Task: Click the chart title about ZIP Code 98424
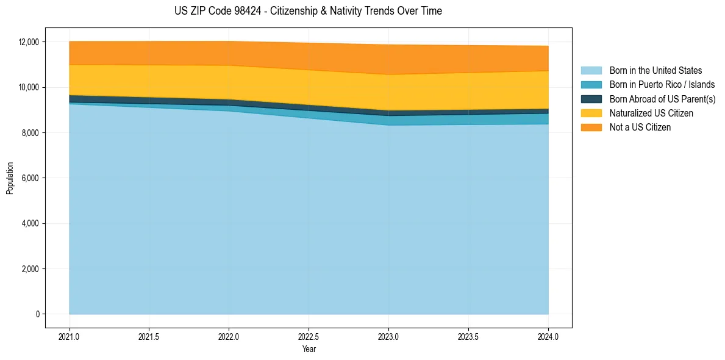308,11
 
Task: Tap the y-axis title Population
10,178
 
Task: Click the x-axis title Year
309,349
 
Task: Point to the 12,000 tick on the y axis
28,42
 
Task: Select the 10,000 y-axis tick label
28,87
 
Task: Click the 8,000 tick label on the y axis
30,133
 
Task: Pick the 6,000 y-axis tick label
30,178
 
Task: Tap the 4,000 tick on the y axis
30,223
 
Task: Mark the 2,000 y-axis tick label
30,269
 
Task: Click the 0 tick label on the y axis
37,314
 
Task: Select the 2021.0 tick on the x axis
70,336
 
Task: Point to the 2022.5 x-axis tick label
309,336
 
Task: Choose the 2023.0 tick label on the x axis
388,336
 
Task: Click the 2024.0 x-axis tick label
548,336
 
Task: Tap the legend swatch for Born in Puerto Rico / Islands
591,85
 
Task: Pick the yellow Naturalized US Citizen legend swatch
591,113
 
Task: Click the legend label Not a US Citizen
640,128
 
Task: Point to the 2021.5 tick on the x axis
149,336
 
